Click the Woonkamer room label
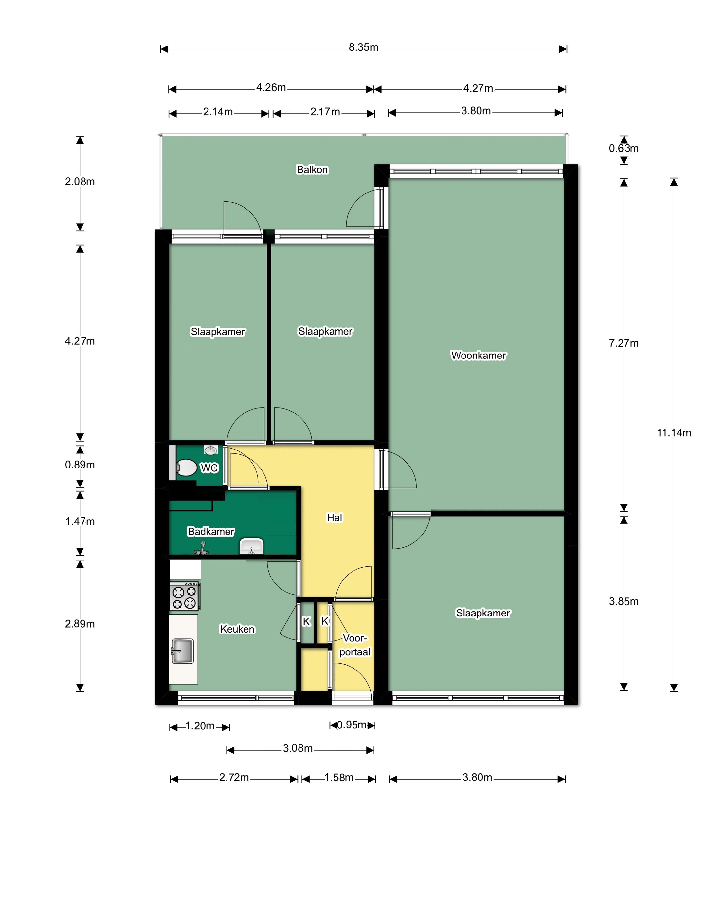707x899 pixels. pyautogui.click(x=479, y=355)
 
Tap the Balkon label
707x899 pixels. pyautogui.click(x=313, y=169)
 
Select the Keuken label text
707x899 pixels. pyautogui.click(x=237, y=629)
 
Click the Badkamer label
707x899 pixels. pyautogui.click(x=211, y=531)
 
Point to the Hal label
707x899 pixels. pyautogui.click(x=335, y=517)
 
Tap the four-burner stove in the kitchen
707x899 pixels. pyautogui.click(x=185, y=596)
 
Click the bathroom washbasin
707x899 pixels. pyautogui.click(x=251, y=546)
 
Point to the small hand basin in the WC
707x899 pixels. pyautogui.click(x=211, y=449)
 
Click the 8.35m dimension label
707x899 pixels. pyautogui.click(x=363, y=47)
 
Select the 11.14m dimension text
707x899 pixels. pyautogui.click(x=674, y=433)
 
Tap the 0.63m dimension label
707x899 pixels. pyautogui.click(x=624, y=148)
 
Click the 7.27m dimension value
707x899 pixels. pyautogui.click(x=624, y=343)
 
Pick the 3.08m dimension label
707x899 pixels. pyautogui.click(x=298, y=748)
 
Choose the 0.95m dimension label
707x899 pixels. pyautogui.click(x=352, y=725)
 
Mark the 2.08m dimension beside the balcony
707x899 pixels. pyautogui.click(x=80, y=182)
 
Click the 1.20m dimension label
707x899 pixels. pyautogui.click(x=200, y=725)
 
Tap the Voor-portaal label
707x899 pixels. pyautogui.click(x=355, y=645)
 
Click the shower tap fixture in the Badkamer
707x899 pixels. pyautogui.click(x=202, y=548)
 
